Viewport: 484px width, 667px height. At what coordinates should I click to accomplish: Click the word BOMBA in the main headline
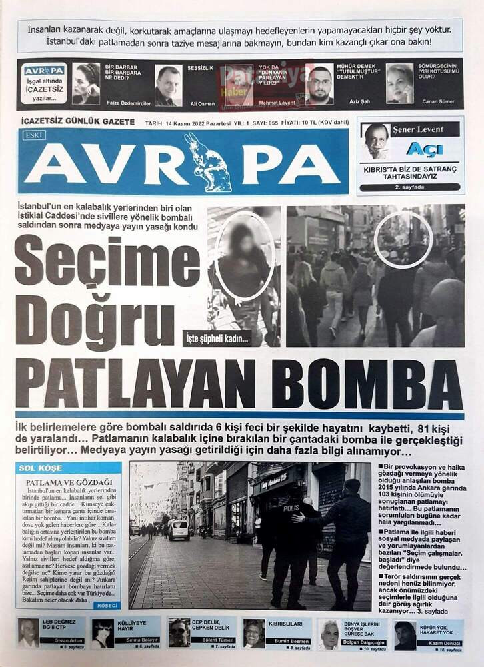(x=367, y=385)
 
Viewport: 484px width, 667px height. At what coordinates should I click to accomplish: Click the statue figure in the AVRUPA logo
(x=207, y=163)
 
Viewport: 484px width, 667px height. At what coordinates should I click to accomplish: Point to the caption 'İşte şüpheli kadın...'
(x=217, y=339)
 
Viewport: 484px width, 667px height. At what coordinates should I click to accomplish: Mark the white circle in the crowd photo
(x=403, y=239)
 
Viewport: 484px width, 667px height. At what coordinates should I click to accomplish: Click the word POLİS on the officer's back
(x=291, y=507)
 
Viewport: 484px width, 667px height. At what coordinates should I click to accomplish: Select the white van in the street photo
(x=179, y=530)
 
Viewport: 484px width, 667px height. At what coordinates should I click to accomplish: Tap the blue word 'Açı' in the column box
(x=424, y=149)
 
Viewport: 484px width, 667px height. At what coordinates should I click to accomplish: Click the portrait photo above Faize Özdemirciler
(x=86, y=83)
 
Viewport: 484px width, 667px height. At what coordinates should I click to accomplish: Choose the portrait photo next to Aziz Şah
(x=319, y=85)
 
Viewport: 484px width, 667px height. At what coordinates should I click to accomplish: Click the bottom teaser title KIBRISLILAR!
(x=285, y=624)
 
